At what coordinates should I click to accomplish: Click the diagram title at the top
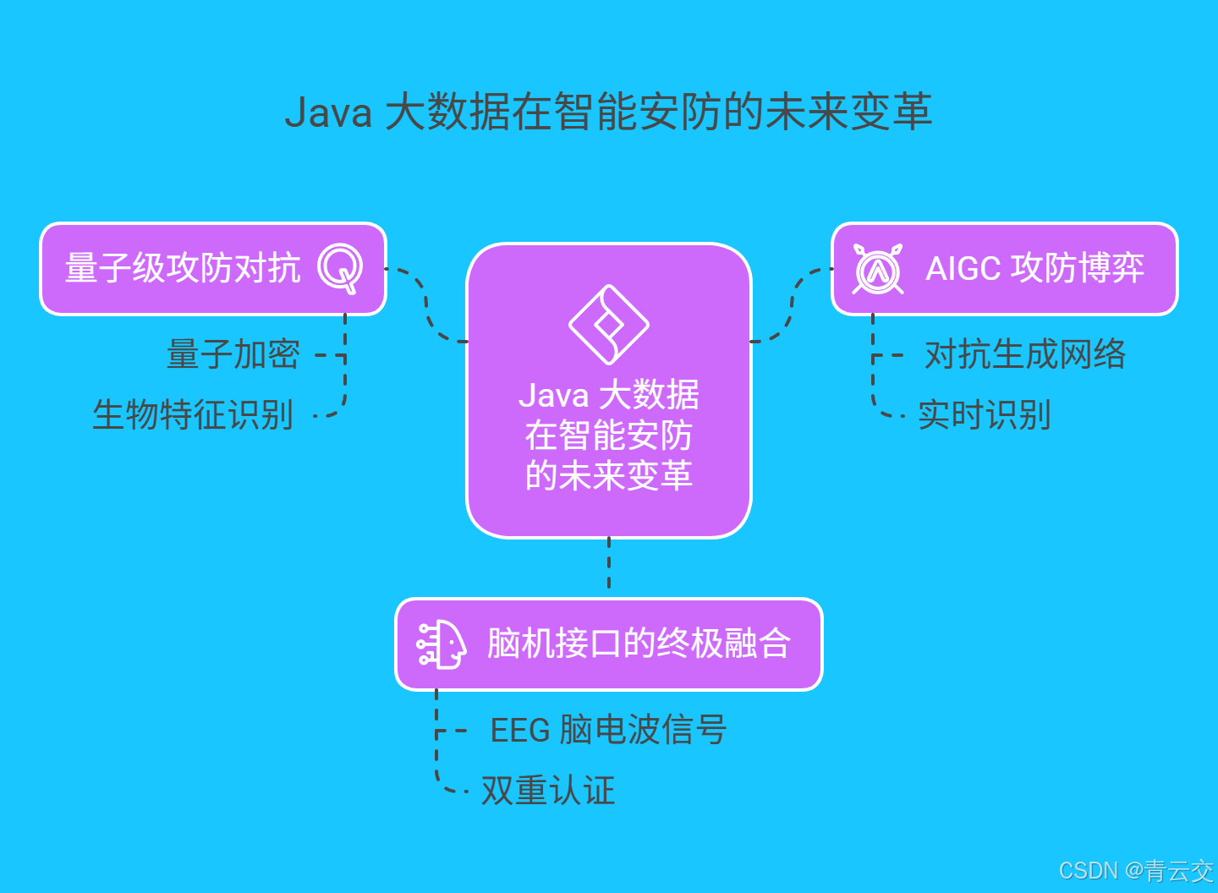tap(608, 112)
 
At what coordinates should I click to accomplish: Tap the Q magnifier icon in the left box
tap(340, 268)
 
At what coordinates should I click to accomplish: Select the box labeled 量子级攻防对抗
tap(183, 269)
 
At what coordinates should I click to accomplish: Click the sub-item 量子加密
tap(233, 354)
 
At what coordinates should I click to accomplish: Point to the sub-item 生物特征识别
tap(193, 415)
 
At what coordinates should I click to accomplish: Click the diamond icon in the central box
tap(608, 325)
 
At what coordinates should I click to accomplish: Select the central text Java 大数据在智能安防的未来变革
tap(608, 436)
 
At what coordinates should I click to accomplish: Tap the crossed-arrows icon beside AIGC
tap(878, 269)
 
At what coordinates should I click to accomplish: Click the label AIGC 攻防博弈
tap(1034, 269)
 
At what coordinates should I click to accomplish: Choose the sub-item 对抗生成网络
tap(1025, 354)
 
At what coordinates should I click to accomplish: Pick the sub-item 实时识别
tap(985, 415)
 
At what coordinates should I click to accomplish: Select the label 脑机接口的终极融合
tap(639, 644)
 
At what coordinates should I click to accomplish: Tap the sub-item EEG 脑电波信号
tap(608, 730)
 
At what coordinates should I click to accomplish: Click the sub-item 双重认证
tap(548, 791)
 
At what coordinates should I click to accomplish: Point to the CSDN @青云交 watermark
tap(1135, 870)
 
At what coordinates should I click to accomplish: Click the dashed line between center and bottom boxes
tap(609, 564)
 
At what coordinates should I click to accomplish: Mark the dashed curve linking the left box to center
tap(427, 304)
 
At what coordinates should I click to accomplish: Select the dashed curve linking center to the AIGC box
tap(792, 304)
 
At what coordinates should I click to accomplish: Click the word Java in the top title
tap(328, 112)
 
